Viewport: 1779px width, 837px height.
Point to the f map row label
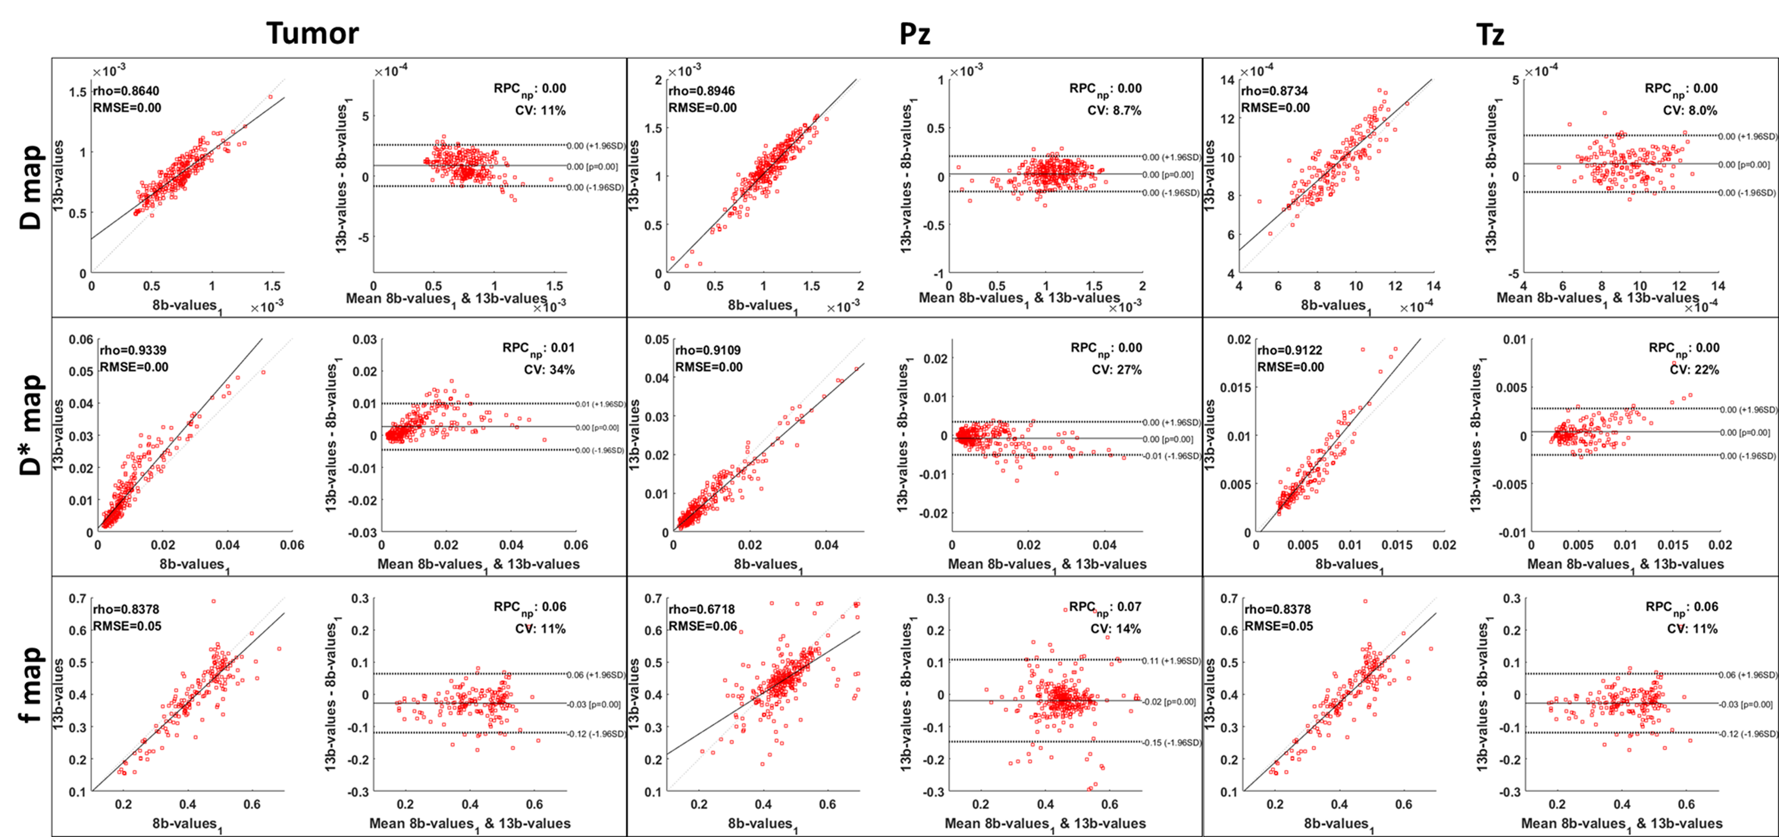click(x=31, y=685)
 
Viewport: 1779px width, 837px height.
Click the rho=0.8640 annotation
click(x=126, y=91)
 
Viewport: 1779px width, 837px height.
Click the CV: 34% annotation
click(x=549, y=369)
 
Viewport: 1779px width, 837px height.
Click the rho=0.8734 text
click(x=1274, y=91)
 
